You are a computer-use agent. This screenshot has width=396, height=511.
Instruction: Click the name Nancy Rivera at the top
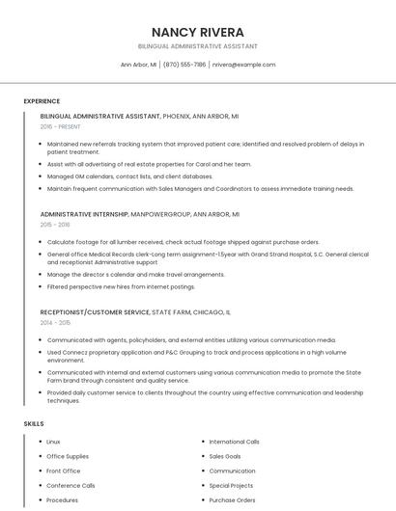[x=197, y=32]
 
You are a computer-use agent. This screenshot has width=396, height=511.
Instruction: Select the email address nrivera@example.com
[x=243, y=65]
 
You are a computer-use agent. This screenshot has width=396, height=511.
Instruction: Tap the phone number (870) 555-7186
[x=184, y=65]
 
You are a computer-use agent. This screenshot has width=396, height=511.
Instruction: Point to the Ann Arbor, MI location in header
[x=138, y=65]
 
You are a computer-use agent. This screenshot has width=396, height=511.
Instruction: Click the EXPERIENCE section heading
[x=42, y=101]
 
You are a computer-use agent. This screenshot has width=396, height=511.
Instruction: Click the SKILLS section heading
[x=34, y=424]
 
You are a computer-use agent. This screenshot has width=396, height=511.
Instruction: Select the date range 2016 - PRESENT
[x=61, y=126]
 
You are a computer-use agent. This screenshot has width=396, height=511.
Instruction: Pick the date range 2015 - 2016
[x=55, y=225]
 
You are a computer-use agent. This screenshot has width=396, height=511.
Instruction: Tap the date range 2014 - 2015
[x=55, y=323]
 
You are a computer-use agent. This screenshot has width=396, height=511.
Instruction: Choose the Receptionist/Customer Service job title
[x=95, y=312]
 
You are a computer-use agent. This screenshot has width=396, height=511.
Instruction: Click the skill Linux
[x=53, y=442]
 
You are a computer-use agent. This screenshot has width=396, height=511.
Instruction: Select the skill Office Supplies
[x=68, y=456]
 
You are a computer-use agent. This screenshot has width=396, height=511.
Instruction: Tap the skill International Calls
[x=234, y=442]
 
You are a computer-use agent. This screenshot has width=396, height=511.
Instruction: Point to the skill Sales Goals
[x=225, y=456]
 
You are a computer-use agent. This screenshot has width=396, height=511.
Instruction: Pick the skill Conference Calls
[x=71, y=486]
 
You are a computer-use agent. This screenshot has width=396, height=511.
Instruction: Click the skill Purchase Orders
[x=232, y=500]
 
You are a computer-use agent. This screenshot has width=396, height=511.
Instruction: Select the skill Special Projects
[x=231, y=486]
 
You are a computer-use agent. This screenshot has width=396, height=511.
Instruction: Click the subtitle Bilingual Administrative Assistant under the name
[x=197, y=46]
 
